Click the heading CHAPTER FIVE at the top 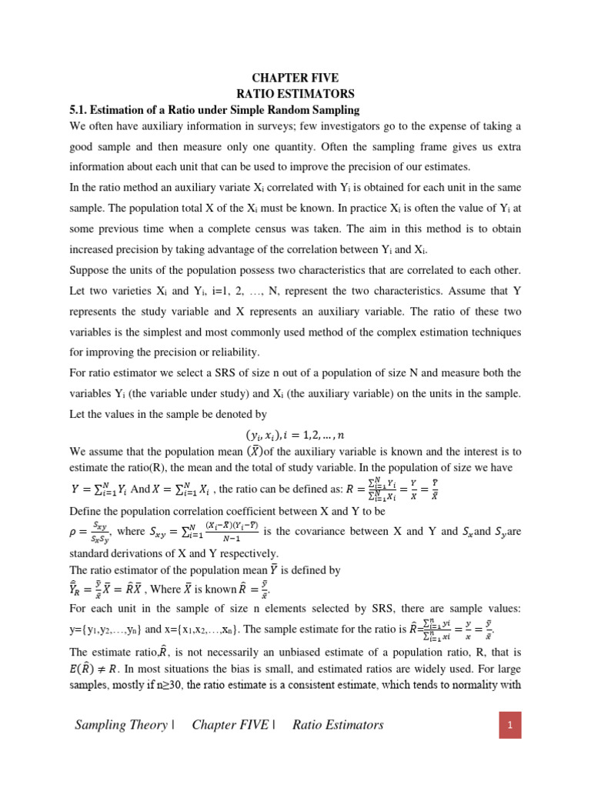pyautogui.click(x=295, y=78)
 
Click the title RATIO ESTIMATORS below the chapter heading pyautogui.click(x=295, y=94)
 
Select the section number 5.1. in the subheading pyautogui.click(x=82, y=110)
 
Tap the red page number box pyautogui.click(x=509, y=724)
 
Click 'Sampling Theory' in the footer pyautogui.click(x=121, y=725)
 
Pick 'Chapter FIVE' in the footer pyautogui.click(x=230, y=725)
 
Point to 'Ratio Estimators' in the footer pyautogui.click(x=338, y=725)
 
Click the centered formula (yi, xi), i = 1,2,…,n pyautogui.click(x=295, y=435)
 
